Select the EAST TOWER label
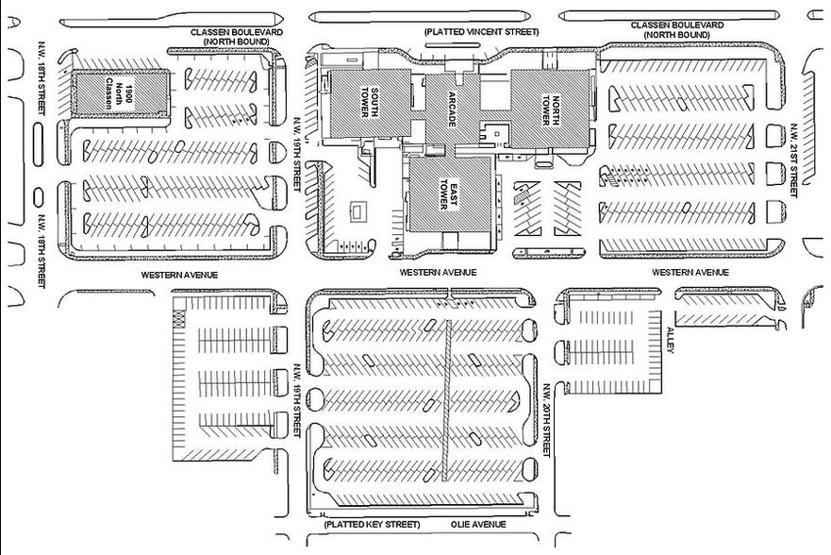point(442,195)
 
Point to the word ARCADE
point(440,105)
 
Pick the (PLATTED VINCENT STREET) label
point(481,32)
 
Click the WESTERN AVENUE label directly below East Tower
point(438,272)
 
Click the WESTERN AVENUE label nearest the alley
point(691,272)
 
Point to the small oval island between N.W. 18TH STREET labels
point(38,196)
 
